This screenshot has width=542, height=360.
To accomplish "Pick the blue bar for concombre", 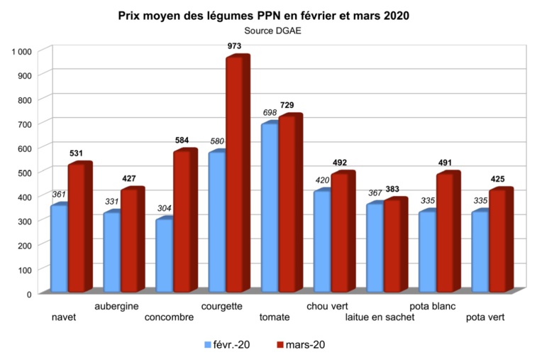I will tap(164, 256).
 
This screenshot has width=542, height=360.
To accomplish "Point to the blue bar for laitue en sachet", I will tap(375, 249).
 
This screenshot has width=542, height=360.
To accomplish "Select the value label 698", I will tap(270, 114).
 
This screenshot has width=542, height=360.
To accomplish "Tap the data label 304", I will tap(165, 209).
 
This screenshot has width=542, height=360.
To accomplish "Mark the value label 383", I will tap(394, 190).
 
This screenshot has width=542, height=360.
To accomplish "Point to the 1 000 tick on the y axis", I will tap(20, 51).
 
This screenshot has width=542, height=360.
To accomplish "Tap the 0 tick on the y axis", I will tap(28, 293).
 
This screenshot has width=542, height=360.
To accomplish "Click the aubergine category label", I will tap(120, 306).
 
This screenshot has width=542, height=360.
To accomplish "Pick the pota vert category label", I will tap(486, 317).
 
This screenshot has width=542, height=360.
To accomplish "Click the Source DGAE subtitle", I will tap(272, 31).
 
